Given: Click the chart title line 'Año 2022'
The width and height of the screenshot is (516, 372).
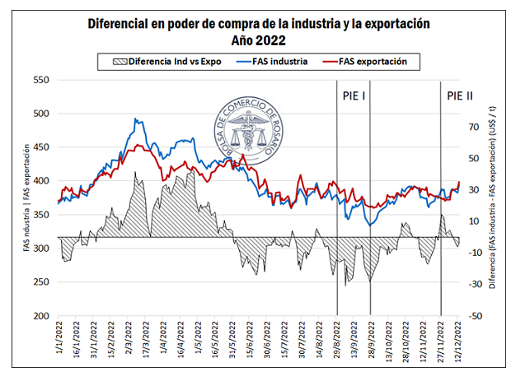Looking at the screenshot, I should point(257,39).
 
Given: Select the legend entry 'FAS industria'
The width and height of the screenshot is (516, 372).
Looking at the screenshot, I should point(277,62).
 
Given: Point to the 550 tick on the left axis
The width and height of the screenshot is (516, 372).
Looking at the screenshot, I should point(40,80).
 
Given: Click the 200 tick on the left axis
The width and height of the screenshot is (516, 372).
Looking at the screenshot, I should point(40,316).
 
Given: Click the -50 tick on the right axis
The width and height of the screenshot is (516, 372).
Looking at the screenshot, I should point(474,316).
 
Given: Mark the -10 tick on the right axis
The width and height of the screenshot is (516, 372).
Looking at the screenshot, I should point(474,253).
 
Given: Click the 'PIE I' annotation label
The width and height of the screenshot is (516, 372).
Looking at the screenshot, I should point(354,95).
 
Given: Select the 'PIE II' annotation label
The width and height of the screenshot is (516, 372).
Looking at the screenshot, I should point(459,95).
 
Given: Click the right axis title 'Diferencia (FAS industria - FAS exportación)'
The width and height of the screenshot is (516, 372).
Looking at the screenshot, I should point(491,198).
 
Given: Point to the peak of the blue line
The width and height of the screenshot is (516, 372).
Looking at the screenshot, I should point(136,119).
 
